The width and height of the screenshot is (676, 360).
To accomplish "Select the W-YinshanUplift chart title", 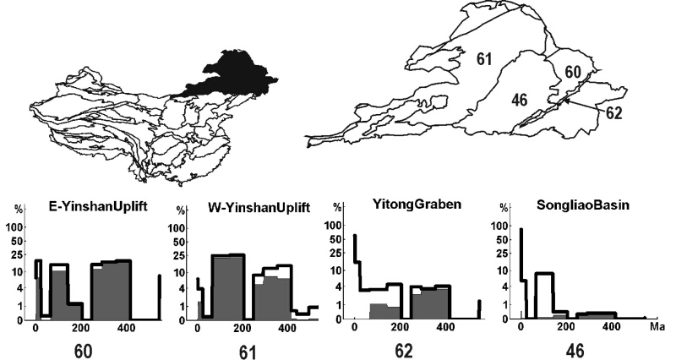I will click(x=255, y=208).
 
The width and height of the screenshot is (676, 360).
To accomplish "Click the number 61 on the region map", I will click(x=483, y=58).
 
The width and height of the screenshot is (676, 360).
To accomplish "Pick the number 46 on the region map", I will click(x=519, y=100).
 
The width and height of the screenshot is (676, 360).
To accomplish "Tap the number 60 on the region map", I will click(x=572, y=74).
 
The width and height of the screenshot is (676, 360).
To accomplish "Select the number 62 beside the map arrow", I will click(x=613, y=112).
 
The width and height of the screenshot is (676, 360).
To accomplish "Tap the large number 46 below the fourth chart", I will click(x=578, y=346).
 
